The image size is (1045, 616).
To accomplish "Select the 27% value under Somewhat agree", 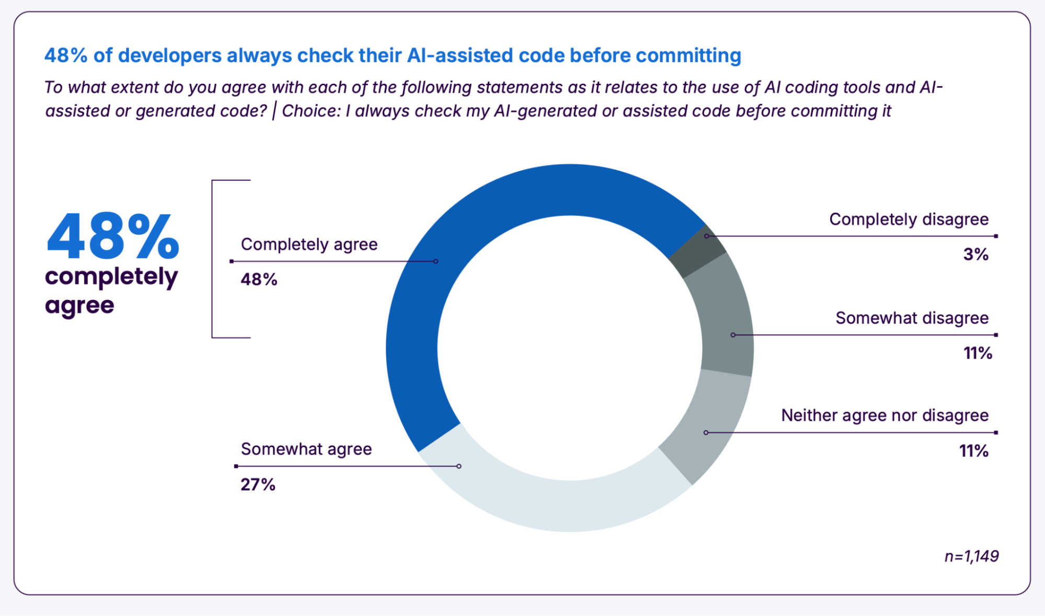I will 258,485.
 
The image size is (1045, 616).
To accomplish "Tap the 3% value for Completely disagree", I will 975,255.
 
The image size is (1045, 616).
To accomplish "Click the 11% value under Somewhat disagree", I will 978,353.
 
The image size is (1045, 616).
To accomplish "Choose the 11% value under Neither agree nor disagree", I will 973,451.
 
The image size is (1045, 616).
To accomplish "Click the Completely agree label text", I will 309,244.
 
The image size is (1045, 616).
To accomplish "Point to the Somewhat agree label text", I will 306,449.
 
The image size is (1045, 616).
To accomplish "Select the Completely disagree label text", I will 909,220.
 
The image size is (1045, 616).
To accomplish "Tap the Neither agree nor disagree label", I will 885,416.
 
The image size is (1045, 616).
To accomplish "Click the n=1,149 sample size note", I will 971,556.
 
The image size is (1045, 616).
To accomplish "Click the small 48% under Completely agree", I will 259,280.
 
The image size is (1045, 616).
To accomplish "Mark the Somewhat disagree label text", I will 912,318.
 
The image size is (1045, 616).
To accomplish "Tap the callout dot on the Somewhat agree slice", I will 459,466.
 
